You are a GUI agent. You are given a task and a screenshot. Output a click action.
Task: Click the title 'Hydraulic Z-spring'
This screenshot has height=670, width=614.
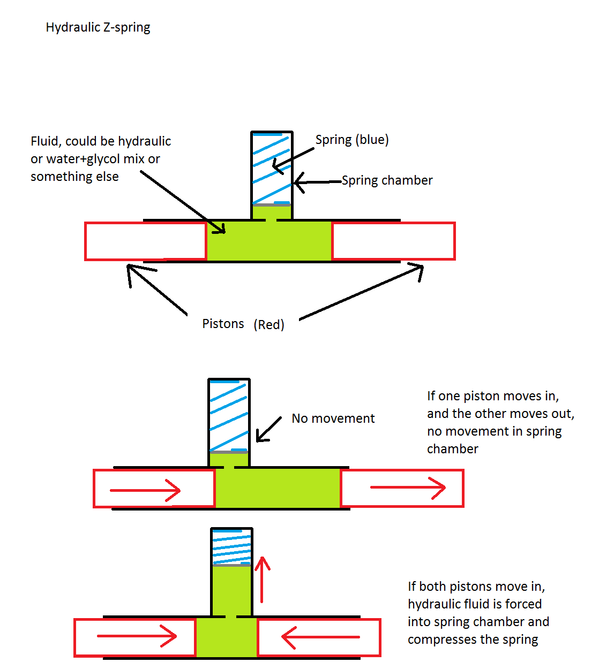tap(98, 27)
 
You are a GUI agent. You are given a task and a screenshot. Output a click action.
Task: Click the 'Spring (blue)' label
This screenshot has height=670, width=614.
tap(352, 140)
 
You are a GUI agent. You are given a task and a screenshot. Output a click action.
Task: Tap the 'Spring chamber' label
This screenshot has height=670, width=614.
tap(387, 180)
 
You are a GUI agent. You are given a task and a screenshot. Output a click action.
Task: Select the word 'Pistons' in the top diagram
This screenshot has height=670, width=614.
tap(223, 324)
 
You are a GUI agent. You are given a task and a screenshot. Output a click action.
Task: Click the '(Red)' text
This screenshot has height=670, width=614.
tap(269, 324)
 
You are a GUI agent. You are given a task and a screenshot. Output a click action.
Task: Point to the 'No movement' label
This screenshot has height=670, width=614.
tap(333, 418)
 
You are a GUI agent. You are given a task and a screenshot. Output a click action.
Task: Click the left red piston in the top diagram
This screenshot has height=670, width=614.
tap(146, 241)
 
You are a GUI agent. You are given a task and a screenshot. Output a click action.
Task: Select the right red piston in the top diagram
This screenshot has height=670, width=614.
tap(393, 241)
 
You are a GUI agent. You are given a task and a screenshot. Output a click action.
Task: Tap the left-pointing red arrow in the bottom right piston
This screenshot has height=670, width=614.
tap(320, 637)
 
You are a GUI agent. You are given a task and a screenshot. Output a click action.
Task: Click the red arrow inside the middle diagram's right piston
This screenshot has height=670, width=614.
tap(408, 488)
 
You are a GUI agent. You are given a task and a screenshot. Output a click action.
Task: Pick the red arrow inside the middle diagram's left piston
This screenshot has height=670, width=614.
tap(145, 490)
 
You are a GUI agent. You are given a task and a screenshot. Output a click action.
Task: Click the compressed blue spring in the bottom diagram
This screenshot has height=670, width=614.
tap(231, 547)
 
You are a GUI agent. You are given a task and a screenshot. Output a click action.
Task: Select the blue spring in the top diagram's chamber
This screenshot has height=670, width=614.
tap(272, 168)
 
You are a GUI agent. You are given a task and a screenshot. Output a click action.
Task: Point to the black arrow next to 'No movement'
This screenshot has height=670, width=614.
tap(268, 429)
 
